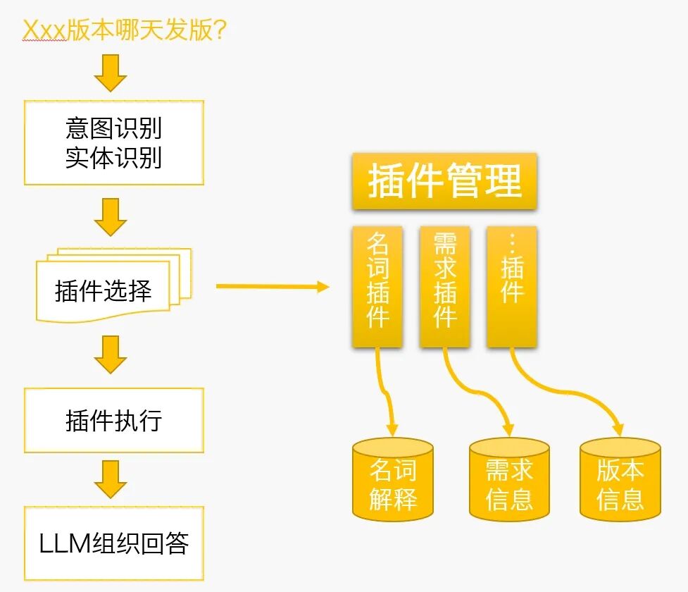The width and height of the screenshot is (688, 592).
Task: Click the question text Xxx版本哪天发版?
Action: pyautogui.click(x=125, y=30)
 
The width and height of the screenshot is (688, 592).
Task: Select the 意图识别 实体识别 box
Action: pyautogui.click(x=114, y=142)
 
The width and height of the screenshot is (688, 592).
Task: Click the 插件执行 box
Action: pyautogui.click(x=114, y=420)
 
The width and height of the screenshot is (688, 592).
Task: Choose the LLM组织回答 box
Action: pyautogui.click(x=114, y=543)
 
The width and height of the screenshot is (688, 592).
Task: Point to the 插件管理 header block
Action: pyautogui.click(x=444, y=181)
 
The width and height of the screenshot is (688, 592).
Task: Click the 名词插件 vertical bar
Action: pyautogui.click(x=377, y=286)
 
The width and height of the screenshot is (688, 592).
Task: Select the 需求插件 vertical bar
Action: pyautogui.click(x=444, y=286)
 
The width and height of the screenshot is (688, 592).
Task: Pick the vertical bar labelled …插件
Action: pyautogui.click(x=511, y=286)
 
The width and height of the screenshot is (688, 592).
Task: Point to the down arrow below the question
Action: pyautogui.click(x=111, y=73)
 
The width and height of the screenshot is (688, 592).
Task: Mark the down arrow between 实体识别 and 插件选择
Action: pyautogui.click(x=111, y=216)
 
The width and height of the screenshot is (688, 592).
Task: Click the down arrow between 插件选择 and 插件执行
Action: pyautogui.click(x=111, y=354)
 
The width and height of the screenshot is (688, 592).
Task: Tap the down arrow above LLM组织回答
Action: pyautogui.click(x=111, y=479)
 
